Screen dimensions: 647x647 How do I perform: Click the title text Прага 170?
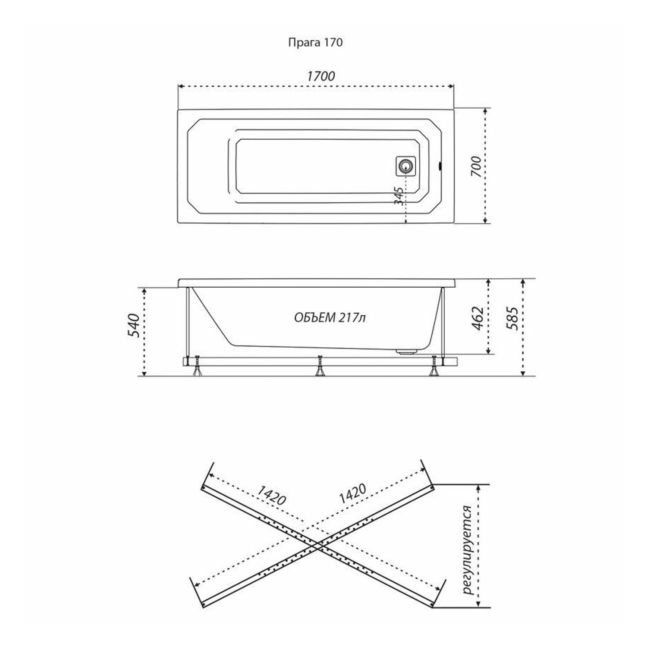[x=315, y=42]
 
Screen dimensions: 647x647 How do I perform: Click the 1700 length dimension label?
[x=320, y=76]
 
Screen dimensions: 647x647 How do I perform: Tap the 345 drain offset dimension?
[x=400, y=196]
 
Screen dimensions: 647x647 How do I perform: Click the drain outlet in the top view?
[x=405, y=166]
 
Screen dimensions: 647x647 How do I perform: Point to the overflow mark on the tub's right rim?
[x=440, y=165]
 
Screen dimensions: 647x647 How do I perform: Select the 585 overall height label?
[x=512, y=318]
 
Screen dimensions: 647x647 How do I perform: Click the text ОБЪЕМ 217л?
[x=330, y=318]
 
